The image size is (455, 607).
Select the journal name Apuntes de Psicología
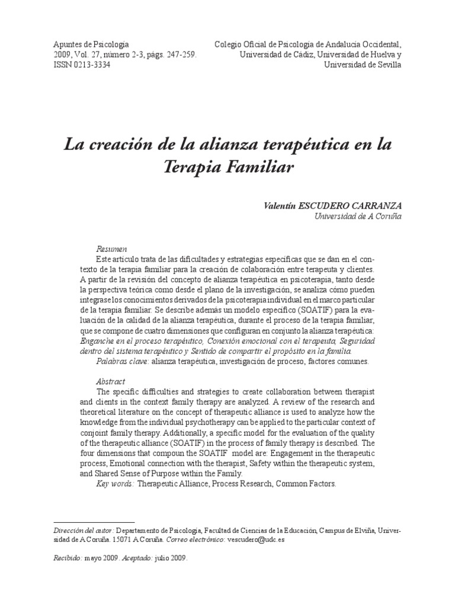click(x=91, y=44)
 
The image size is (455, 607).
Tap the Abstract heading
click(x=110, y=382)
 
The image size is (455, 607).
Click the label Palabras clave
click(x=122, y=361)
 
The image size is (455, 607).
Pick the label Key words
click(x=115, y=484)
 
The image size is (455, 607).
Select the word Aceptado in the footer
click(x=137, y=558)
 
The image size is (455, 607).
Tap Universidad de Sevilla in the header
click(x=361, y=65)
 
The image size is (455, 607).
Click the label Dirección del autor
click(x=83, y=531)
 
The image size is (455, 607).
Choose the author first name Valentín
click(x=280, y=206)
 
